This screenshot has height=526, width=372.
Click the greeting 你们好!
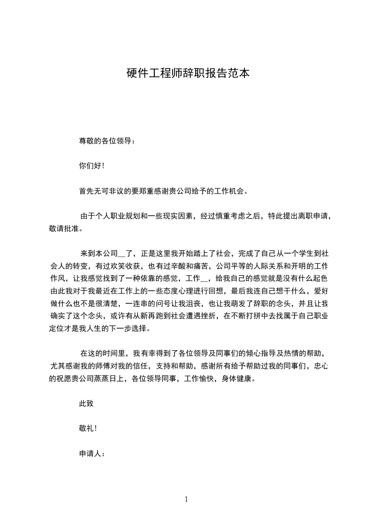tap(91, 165)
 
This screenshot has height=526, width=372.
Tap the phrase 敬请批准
tap(63, 229)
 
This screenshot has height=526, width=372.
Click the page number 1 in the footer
tap(186, 500)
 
